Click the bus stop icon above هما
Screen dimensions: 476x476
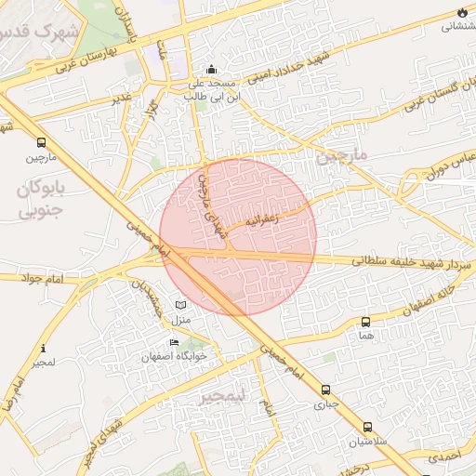click(365, 322)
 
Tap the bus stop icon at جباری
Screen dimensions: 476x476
click(325, 390)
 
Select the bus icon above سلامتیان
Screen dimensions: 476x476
click(367, 428)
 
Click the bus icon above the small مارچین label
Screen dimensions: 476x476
click(41, 143)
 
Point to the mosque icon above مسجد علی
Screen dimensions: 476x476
click(211, 69)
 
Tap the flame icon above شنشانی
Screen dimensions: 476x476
click(462, 12)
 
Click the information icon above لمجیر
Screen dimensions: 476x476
click(42, 349)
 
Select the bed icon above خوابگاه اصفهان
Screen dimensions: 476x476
click(174, 342)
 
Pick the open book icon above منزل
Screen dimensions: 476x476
click(180, 306)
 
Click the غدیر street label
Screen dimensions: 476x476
click(122, 97)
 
